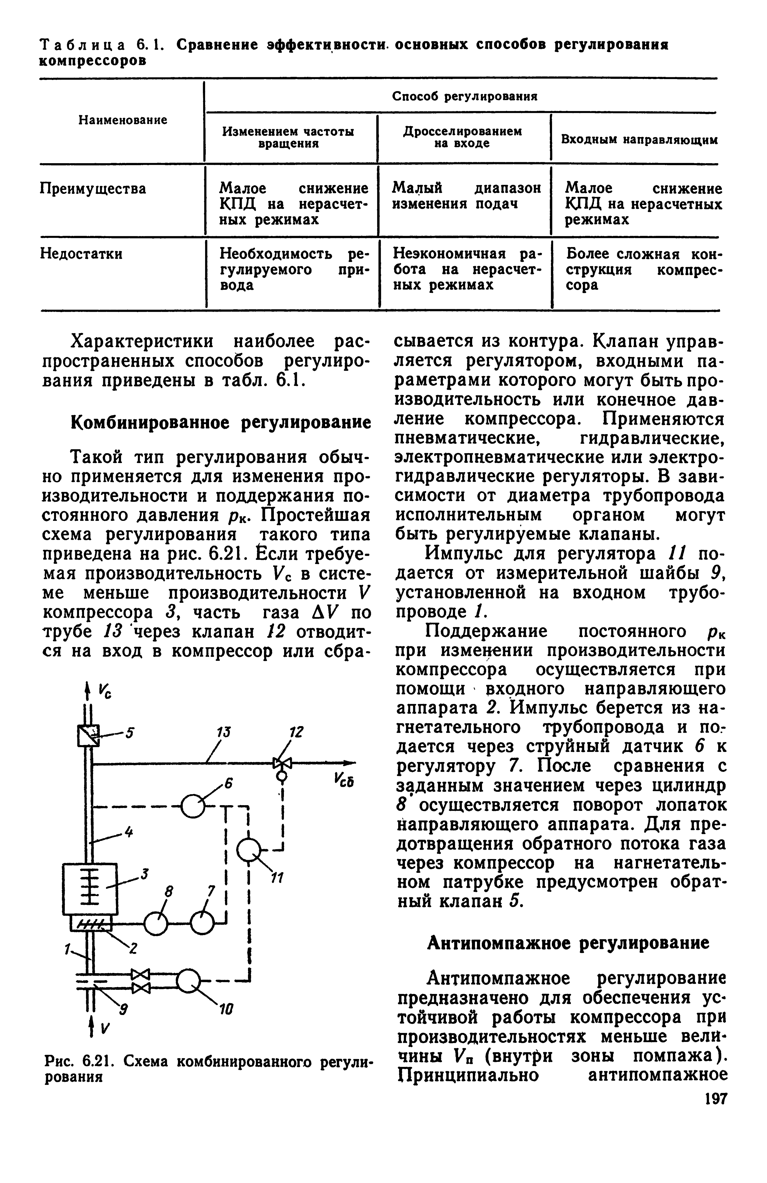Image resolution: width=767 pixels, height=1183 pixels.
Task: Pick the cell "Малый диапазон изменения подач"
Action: click(x=466, y=196)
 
